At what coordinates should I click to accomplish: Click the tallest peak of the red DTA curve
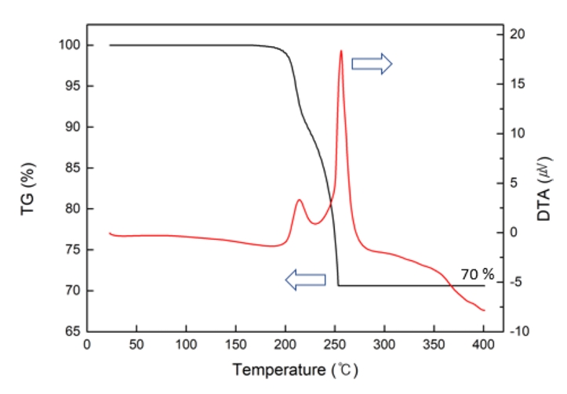click(341, 51)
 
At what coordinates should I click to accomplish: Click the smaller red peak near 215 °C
click(299, 201)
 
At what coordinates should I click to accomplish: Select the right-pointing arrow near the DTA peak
click(371, 64)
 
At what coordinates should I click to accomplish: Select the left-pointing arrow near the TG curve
click(304, 278)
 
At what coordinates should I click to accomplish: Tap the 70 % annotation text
click(478, 274)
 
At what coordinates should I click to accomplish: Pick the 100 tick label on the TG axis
click(70, 45)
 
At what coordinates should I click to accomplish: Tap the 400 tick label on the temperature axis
click(483, 345)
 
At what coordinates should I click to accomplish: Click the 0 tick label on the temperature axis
click(87, 345)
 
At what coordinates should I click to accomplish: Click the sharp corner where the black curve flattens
click(338, 285)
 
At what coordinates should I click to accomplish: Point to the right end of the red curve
click(484, 310)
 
